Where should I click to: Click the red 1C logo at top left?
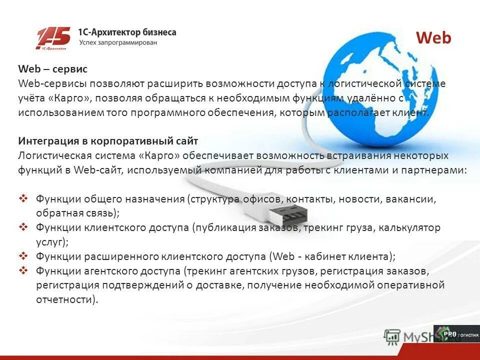pos(53,38)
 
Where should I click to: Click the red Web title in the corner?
pos(433,38)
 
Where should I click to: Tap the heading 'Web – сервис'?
pos(52,69)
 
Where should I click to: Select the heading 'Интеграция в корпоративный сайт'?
pos(108,141)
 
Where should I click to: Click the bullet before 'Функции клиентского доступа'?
pos(23,227)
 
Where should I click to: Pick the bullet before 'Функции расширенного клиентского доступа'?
pos(23,256)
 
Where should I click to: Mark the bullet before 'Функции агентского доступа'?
pos(23,270)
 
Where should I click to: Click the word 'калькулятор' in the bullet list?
pos(409,228)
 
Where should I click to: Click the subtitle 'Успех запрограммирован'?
pos(118,43)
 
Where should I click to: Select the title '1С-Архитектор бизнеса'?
pos(127,32)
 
